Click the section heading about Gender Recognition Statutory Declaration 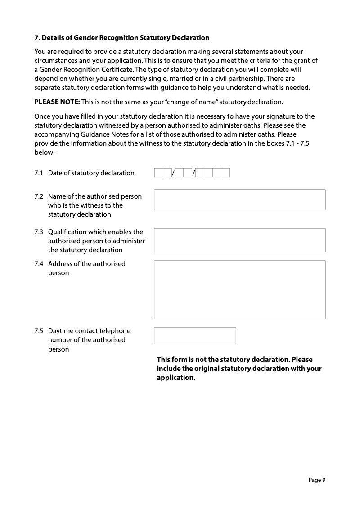[x=122, y=37]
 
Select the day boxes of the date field [x=162, y=173]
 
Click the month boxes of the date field [x=183, y=173]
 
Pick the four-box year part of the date [x=212, y=173]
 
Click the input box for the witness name [x=239, y=200]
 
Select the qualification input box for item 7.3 [x=239, y=240]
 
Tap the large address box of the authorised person [x=239, y=290]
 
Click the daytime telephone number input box [x=195, y=335]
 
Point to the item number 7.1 [x=39, y=173]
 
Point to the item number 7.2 [x=39, y=196]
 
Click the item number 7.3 [x=39, y=232]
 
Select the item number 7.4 [x=39, y=264]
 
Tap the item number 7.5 [x=39, y=331]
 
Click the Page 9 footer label [x=317, y=480]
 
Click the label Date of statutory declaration [x=91, y=173]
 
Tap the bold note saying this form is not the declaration [x=239, y=369]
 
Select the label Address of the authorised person [x=86, y=268]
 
